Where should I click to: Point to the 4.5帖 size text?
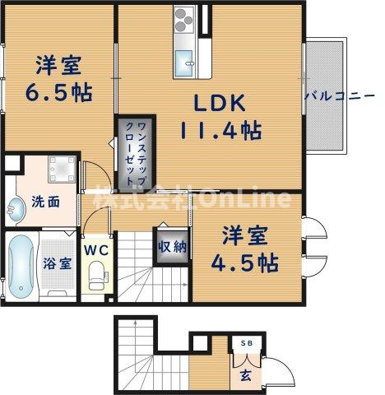click(244, 263)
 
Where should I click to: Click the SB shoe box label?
click(246, 342)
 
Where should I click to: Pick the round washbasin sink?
click(16, 206)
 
